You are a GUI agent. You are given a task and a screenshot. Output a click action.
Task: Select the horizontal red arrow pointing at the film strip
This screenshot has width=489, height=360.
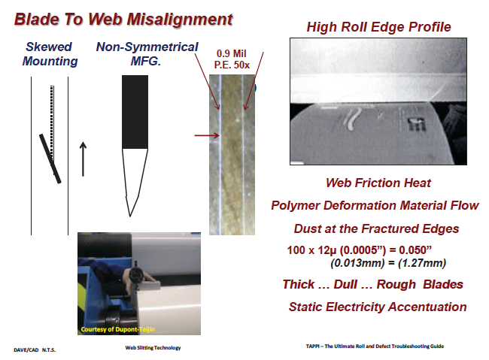coord(205,136)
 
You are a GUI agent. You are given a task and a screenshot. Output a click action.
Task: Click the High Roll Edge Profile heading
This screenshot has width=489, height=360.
coord(378,28)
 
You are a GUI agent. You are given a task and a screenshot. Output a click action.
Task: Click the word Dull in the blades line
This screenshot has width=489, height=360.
coord(365,284)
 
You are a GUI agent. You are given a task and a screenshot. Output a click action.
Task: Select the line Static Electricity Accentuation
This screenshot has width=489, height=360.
coord(377,307)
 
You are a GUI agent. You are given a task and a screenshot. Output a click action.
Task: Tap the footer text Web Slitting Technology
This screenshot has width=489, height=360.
coord(153,347)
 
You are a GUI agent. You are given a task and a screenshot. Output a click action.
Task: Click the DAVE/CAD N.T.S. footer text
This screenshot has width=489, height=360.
coord(36,350)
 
